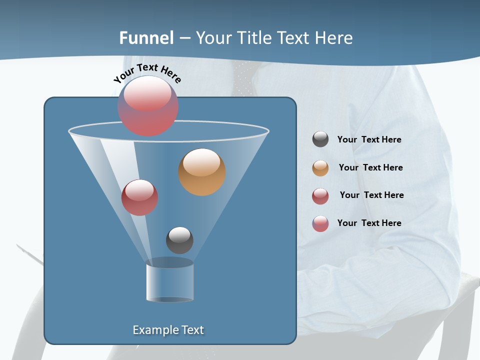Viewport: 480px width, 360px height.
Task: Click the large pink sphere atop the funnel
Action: pyautogui.click(x=148, y=106)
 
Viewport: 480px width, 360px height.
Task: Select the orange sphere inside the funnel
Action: pyautogui.click(x=201, y=172)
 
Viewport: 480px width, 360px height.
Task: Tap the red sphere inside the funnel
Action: pyautogui.click(x=139, y=197)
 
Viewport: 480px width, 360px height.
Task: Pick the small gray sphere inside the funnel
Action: pyautogui.click(x=179, y=240)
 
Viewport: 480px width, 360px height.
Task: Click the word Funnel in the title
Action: pyautogui.click(x=146, y=38)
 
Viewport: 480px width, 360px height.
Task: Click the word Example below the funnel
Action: pyautogui.click(x=155, y=330)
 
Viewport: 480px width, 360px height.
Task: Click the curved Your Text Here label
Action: pyautogui.click(x=147, y=72)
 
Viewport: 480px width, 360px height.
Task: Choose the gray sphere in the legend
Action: pyautogui.click(x=320, y=139)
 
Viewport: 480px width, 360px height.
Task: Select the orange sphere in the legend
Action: pyautogui.click(x=320, y=168)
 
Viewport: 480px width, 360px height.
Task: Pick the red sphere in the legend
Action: pyautogui.click(x=320, y=196)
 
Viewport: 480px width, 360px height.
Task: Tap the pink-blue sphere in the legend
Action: pyautogui.click(x=320, y=223)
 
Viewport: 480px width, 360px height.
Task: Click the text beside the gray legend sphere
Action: pyautogui.click(x=369, y=139)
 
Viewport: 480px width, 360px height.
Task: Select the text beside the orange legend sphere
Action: pyautogui.click(x=370, y=167)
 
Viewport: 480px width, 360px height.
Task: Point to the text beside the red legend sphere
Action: pyautogui.click(x=371, y=195)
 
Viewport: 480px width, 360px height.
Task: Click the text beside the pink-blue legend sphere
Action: pyautogui.click(x=369, y=223)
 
